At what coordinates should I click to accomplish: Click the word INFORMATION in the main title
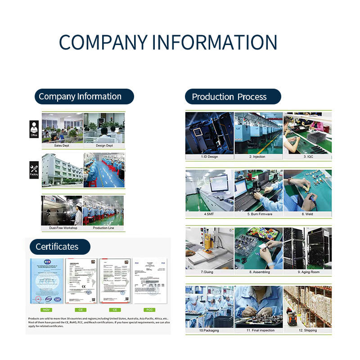[x=214, y=42]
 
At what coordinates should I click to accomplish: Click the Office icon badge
[x=34, y=129]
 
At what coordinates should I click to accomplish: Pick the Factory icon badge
[x=34, y=170]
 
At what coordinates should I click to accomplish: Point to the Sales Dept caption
[x=63, y=146]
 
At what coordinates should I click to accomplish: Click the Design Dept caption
[x=104, y=146]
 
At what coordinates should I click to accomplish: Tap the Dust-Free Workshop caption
[x=63, y=228]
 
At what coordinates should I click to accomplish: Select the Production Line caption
[x=103, y=228]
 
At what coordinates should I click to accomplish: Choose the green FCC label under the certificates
[x=149, y=310]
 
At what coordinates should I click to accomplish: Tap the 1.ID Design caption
[x=209, y=157]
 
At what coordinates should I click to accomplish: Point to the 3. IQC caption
[x=308, y=157]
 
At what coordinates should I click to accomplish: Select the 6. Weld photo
[x=307, y=190]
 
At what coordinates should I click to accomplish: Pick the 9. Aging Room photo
[x=307, y=248]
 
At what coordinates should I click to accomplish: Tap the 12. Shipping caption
[x=307, y=330]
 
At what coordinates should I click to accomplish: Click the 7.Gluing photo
[x=209, y=248]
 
